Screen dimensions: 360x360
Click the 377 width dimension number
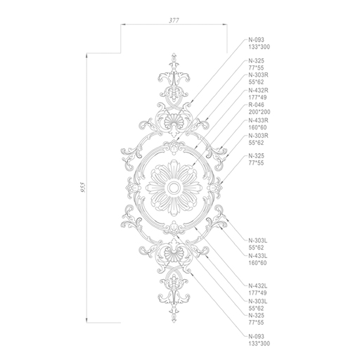click(x=174, y=20)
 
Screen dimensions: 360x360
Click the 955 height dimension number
click(x=83, y=187)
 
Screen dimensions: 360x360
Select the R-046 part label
click(x=256, y=105)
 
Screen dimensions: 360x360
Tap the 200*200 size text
click(x=259, y=112)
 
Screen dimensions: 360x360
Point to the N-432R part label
click(x=258, y=90)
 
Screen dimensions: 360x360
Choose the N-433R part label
click(x=258, y=120)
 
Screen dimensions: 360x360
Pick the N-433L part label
click(x=258, y=256)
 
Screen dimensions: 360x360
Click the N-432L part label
click(x=258, y=286)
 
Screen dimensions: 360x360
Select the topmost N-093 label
click(x=256, y=40)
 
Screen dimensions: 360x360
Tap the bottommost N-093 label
click(x=256, y=337)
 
